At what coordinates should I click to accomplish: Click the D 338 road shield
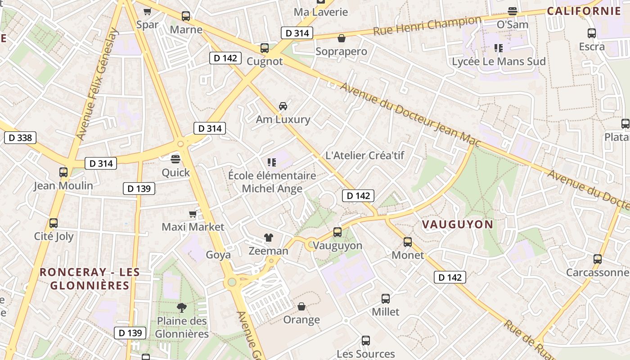20,138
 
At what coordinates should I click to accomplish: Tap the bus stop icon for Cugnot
265,48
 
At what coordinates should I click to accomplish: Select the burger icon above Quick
175,159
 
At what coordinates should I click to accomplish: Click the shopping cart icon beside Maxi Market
193,214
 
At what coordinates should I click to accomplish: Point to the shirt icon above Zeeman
268,238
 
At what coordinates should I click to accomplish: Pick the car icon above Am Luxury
283,106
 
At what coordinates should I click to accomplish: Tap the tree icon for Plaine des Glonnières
182,308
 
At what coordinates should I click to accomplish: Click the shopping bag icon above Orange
301,306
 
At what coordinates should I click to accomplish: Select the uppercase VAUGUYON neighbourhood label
457,224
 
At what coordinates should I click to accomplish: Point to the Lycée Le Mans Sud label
499,62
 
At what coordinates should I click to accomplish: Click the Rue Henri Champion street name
427,26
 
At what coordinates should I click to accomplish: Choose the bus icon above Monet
408,242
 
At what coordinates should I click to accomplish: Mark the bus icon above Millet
386,298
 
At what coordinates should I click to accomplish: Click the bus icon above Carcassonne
598,259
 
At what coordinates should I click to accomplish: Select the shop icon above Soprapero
342,38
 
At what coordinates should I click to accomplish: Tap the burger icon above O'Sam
512,11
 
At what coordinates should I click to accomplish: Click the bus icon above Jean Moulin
63,172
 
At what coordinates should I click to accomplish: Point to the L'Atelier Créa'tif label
364,156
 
